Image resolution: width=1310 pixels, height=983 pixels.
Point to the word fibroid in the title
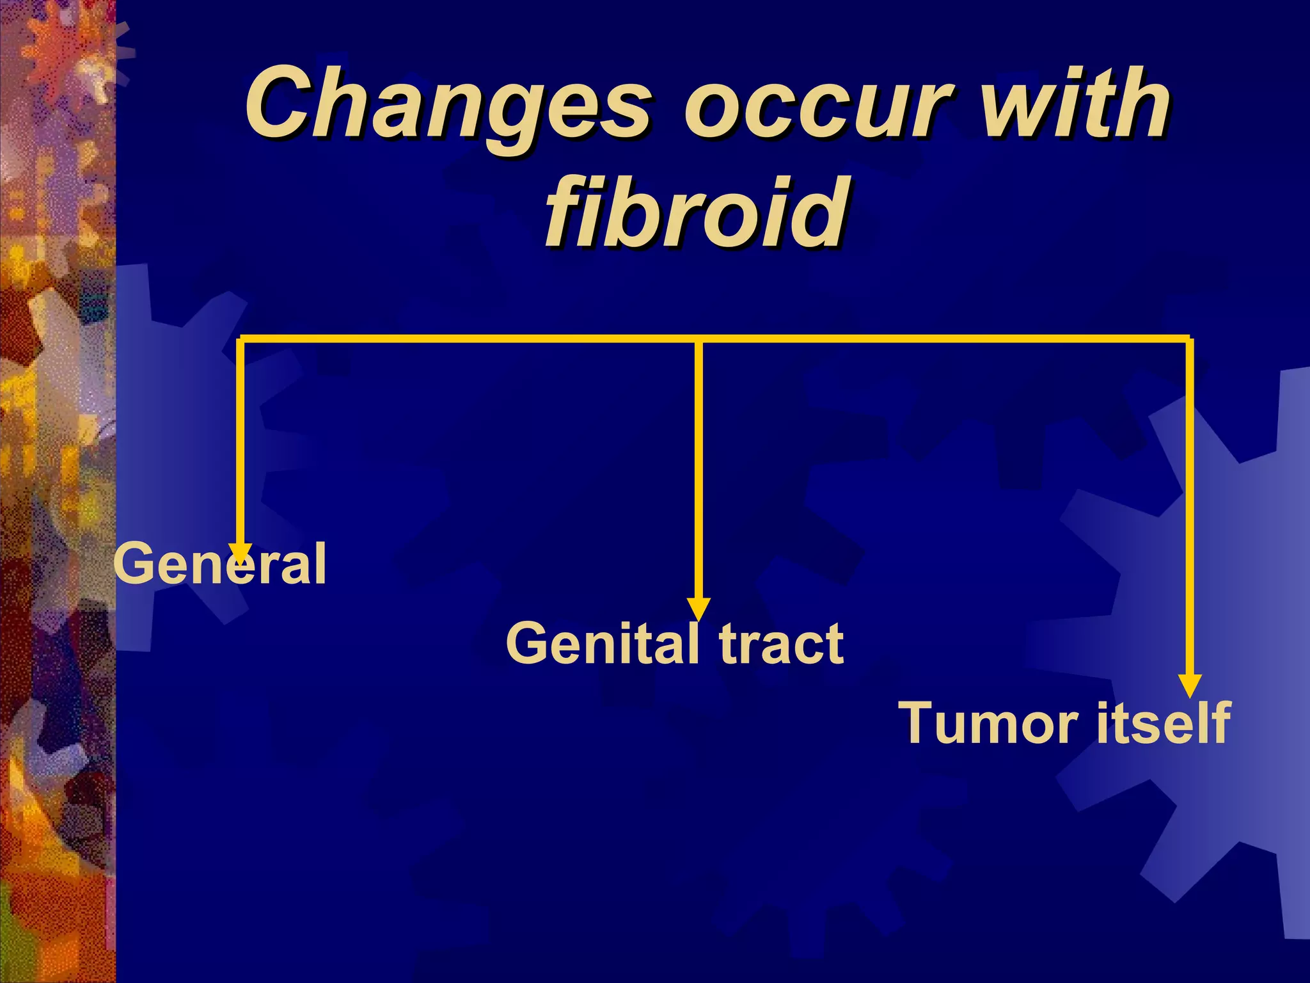(x=697, y=211)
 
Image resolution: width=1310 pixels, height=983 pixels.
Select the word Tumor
(x=989, y=723)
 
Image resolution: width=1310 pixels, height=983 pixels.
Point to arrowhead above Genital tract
(x=698, y=608)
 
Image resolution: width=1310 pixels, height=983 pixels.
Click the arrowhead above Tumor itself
(x=1190, y=685)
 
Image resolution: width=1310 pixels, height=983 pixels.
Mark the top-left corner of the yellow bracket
(x=240, y=339)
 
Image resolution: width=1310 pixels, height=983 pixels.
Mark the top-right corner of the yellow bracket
(x=1190, y=339)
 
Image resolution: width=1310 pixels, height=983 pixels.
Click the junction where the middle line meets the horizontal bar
(x=698, y=339)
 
